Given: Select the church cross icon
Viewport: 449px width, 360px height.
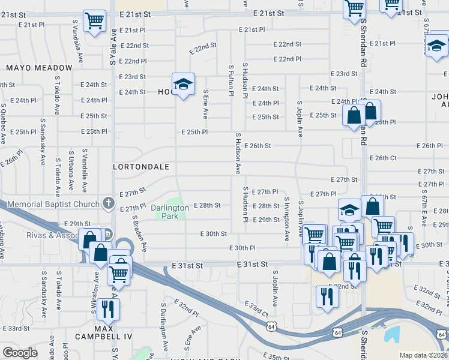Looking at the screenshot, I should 108,203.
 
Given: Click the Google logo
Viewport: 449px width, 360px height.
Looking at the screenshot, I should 20,353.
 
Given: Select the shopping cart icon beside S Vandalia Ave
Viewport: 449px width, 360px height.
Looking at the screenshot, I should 94,22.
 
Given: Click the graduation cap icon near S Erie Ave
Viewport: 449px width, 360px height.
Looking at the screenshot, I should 183,85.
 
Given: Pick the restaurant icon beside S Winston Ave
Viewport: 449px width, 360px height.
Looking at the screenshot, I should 108,309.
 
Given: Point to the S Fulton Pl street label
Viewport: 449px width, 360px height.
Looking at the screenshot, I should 231,80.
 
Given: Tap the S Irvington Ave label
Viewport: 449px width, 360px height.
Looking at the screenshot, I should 286,217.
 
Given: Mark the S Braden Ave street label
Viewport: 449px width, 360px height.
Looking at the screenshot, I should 139,233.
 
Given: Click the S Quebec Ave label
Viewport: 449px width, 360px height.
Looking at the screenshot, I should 3,124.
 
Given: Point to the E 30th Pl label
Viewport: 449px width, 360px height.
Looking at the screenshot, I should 243,248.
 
